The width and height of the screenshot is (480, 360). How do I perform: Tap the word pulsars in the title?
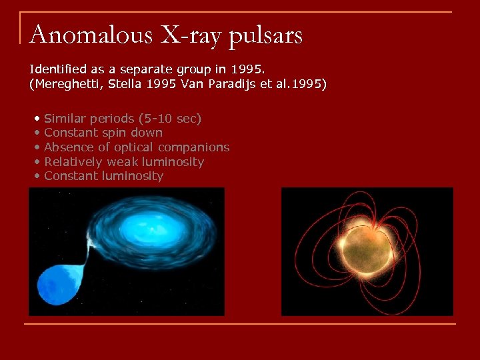[x=265, y=35]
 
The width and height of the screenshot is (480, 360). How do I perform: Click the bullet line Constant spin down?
[x=103, y=133]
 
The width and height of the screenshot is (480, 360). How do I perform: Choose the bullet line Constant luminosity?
[x=103, y=176]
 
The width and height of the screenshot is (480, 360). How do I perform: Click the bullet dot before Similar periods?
[x=38, y=119]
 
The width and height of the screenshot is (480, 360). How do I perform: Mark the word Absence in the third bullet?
[x=67, y=147]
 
